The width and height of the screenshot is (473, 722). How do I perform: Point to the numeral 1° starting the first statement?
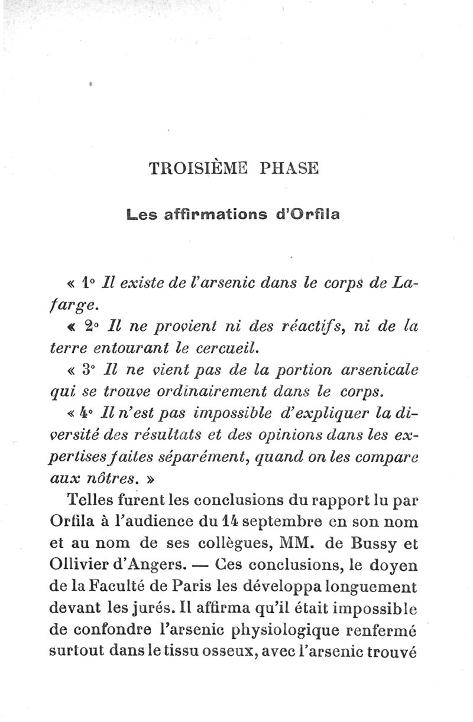tap(89, 283)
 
